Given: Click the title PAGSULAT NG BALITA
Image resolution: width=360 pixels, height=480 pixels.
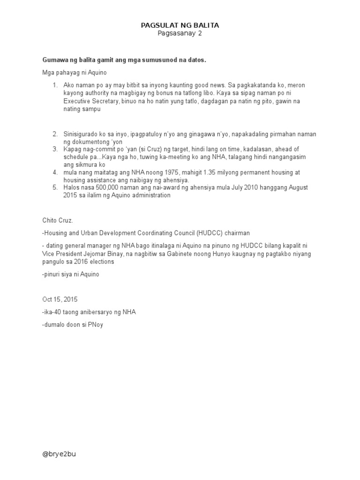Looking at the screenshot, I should [x=180, y=25].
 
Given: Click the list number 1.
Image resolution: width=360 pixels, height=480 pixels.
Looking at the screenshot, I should [x=55, y=85].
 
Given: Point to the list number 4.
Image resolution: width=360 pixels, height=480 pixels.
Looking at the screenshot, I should [x=55, y=172].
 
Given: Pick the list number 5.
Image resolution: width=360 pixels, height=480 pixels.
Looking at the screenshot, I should [x=55, y=187].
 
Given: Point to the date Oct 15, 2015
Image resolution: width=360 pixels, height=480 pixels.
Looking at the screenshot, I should [x=60, y=299].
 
